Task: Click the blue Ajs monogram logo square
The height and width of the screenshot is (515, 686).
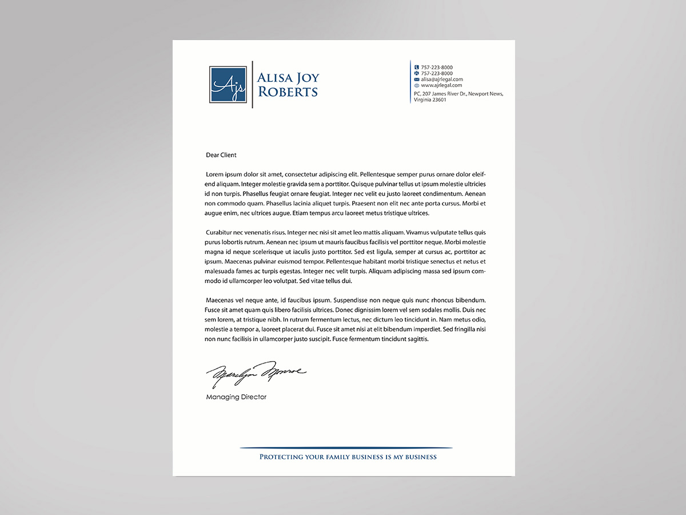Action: pyautogui.click(x=228, y=84)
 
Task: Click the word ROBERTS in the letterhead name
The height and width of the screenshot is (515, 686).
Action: pyautogui.click(x=288, y=92)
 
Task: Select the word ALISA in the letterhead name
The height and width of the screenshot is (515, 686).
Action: pyautogui.click(x=274, y=78)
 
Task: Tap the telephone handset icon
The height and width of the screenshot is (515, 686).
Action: pyautogui.click(x=417, y=68)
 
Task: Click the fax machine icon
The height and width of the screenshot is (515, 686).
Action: pyautogui.click(x=417, y=74)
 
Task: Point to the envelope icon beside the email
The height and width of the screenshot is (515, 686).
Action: pyautogui.click(x=417, y=80)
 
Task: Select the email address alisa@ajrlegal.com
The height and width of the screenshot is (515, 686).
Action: pyautogui.click(x=442, y=80)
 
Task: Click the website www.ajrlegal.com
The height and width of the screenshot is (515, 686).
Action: pyautogui.click(x=441, y=86)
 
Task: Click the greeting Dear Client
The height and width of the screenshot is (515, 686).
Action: pyautogui.click(x=221, y=155)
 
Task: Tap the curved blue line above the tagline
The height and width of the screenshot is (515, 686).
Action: pyautogui.click(x=346, y=447)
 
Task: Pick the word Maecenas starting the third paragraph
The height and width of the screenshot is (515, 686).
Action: pyautogui.click(x=220, y=300)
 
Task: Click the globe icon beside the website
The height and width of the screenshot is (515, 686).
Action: pyautogui.click(x=417, y=86)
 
